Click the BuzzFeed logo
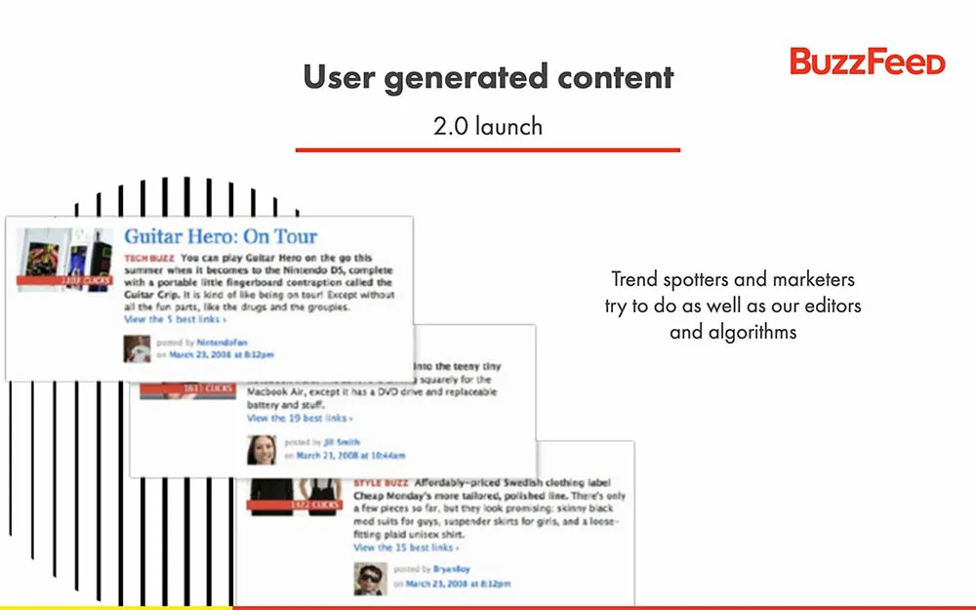point(867,61)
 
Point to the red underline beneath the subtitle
point(487,149)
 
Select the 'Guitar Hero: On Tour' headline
point(221,236)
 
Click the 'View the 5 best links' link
point(175,319)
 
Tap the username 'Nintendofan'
point(224,343)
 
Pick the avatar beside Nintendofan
point(137,348)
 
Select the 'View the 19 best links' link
point(299,418)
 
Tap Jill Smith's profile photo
point(262,448)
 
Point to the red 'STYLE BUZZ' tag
point(381,482)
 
